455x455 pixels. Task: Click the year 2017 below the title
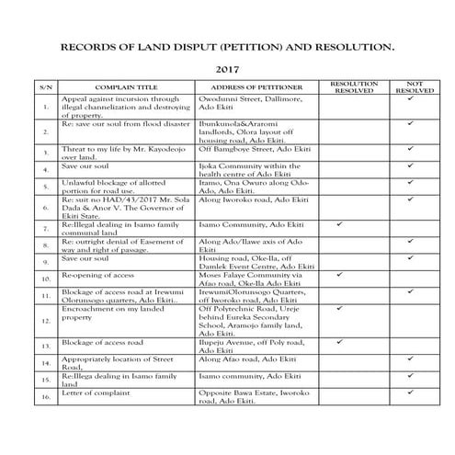tap(227, 69)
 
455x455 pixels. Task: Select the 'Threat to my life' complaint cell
tap(119, 152)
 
